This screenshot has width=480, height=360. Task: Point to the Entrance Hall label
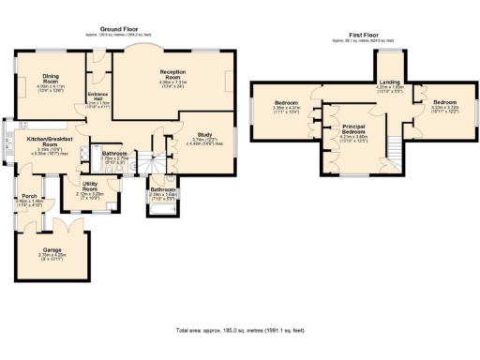point(98,96)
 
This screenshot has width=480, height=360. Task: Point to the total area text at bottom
point(240,330)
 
